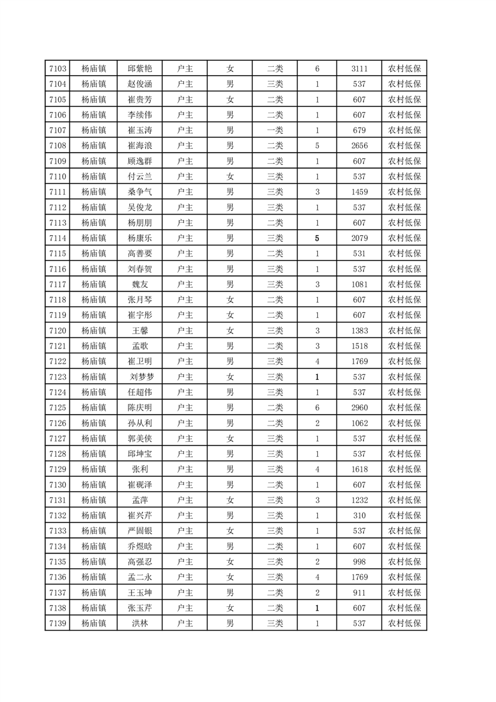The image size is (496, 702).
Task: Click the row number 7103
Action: tap(57, 69)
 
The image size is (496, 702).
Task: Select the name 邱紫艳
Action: tap(140, 69)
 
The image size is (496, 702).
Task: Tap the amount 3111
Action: tap(360, 69)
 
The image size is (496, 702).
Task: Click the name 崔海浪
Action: tap(140, 146)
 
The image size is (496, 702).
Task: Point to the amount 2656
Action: tap(360, 146)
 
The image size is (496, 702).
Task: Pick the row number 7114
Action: tap(57, 238)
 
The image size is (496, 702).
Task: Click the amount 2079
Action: tap(360, 238)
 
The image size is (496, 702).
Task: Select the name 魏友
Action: tap(140, 284)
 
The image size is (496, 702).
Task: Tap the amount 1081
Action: tap(360, 284)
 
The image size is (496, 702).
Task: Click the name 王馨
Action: tap(140, 330)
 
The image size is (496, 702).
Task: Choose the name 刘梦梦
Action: tap(140, 377)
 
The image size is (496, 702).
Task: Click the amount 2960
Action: tap(360, 407)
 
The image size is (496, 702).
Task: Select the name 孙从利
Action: tap(140, 423)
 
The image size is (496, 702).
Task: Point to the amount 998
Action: tap(360, 561)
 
